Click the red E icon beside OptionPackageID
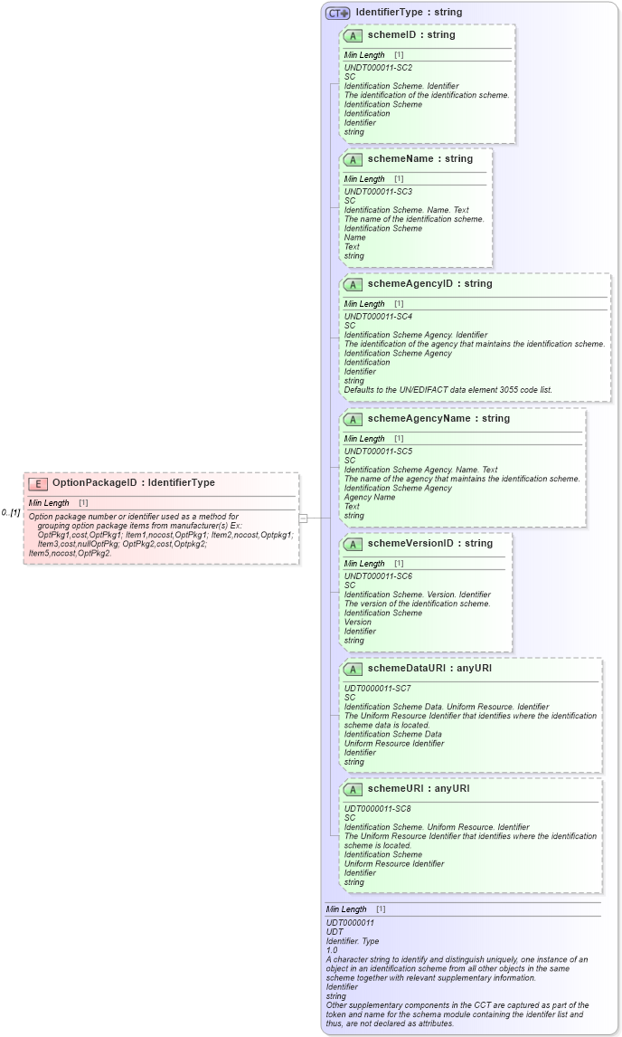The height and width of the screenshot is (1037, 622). point(38,483)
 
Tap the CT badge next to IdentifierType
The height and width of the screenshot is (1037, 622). point(338,13)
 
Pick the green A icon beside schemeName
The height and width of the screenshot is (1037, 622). point(353,159)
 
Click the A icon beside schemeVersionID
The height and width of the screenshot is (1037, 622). point(353,544)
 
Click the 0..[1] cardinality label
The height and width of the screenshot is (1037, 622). point(11,512)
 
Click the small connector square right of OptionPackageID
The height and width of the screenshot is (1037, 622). point(303,518)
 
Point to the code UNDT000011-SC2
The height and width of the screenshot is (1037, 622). point(378,68)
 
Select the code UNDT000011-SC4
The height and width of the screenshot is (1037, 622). point(378,317)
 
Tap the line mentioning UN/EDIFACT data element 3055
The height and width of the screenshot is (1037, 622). point(448,390)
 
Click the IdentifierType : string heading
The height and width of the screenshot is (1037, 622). point(409,13)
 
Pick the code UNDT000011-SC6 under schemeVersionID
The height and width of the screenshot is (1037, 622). point(378,576)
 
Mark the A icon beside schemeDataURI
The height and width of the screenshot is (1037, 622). point(353,669)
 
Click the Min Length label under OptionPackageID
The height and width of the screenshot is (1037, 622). point(49,503)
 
